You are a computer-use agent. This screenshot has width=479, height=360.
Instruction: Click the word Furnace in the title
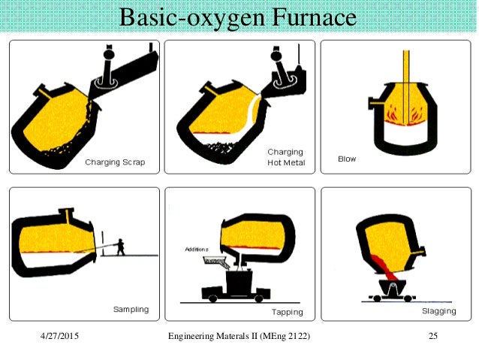pos(314,17)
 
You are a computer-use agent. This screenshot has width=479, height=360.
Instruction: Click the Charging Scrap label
pos(115,162)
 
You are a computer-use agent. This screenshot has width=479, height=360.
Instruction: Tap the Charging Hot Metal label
pos(286,157)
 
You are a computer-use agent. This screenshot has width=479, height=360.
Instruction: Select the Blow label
pos(347,159)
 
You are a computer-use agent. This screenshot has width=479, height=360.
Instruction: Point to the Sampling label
pos(131,309)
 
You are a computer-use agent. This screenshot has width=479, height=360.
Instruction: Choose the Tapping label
pos(288,312)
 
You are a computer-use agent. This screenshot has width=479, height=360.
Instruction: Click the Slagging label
pos(439,311)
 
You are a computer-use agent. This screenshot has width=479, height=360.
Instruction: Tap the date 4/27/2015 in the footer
pos(59,336)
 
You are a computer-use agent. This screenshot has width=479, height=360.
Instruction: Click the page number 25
pos(433,336)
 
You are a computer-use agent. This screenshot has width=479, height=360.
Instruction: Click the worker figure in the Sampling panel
pos(120,247)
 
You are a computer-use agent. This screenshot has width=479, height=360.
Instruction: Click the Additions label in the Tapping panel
pos(197,250)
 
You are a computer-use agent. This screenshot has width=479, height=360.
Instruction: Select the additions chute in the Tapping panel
pos(216,262)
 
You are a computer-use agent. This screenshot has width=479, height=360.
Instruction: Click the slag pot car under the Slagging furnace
pos(392,290)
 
